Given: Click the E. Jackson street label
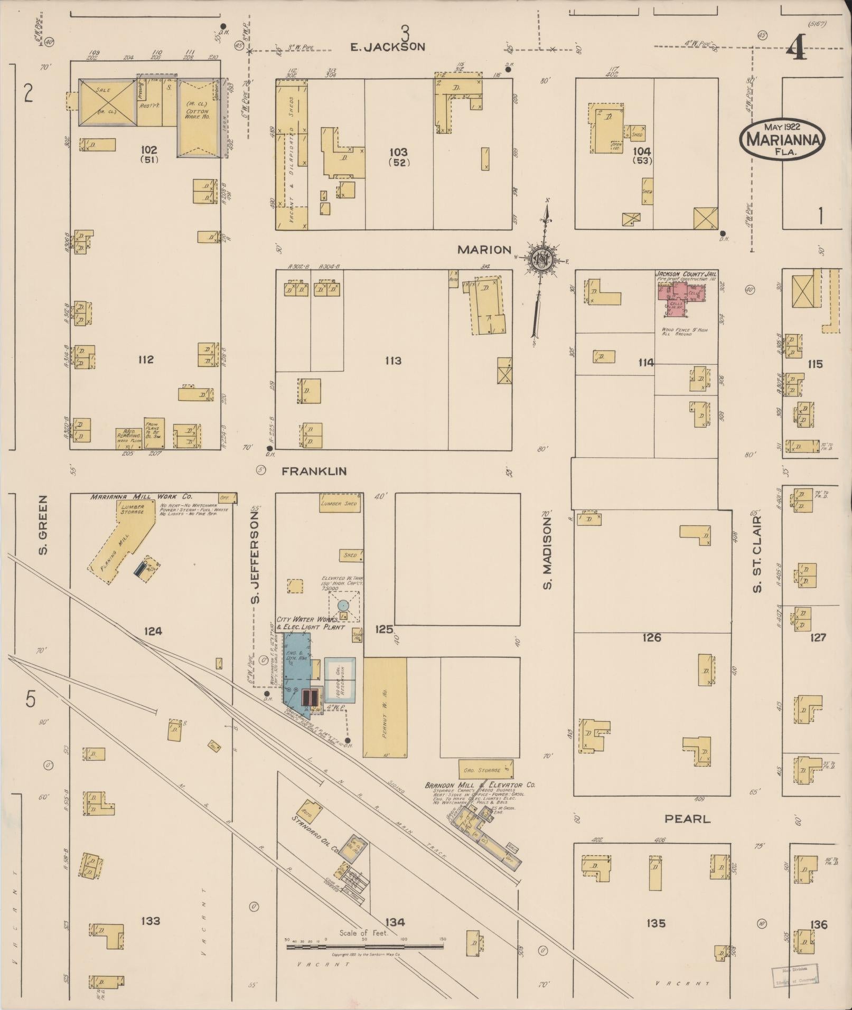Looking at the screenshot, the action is (x=388, y=47).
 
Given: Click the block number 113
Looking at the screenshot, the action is (x=393, y=361).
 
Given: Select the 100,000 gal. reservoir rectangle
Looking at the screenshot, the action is (x=340, y=679).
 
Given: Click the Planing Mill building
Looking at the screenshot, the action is (x=123, y=546).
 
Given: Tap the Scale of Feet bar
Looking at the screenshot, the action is (x=364, y=947).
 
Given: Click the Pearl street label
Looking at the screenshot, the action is (x=687, y=819).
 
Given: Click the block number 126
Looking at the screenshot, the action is (x=652, y=638).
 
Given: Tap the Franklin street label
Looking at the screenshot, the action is (x=314, y=471).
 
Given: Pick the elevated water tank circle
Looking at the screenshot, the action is (x=343, y=605).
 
